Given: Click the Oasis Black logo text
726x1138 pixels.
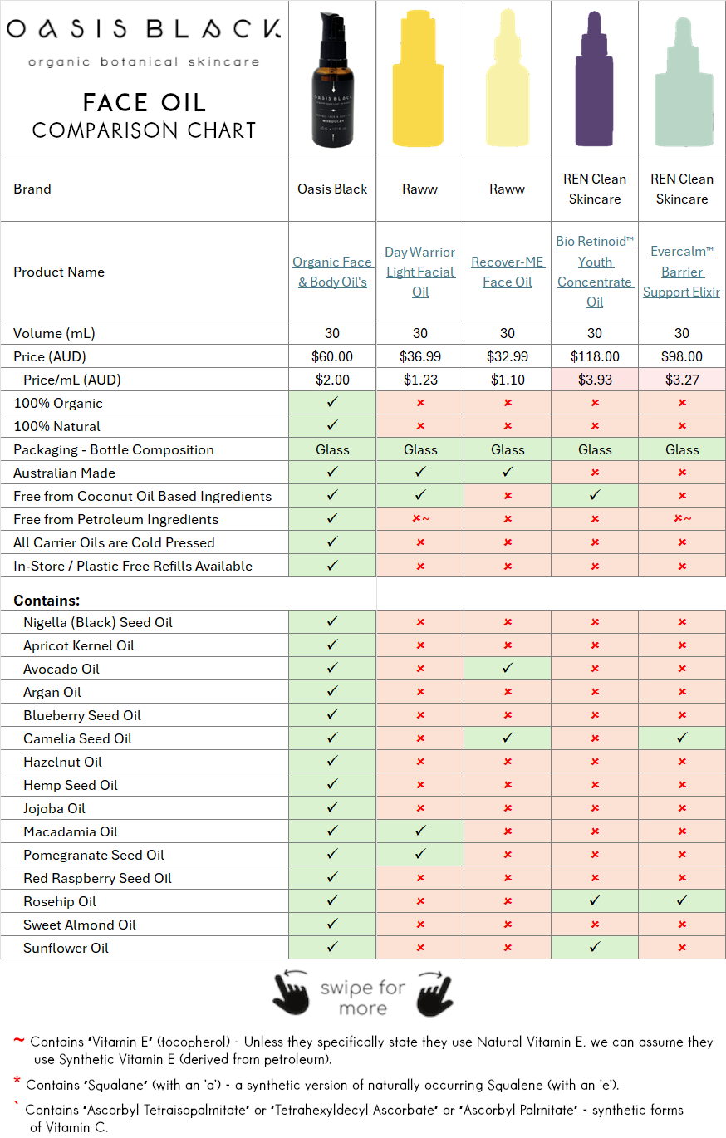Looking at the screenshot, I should pos(144,30).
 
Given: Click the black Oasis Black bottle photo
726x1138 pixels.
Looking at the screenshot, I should pos(332,78).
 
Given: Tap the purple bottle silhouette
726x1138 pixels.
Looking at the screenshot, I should pos(595,79).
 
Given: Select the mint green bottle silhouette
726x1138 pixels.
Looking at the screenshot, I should pos(682,79).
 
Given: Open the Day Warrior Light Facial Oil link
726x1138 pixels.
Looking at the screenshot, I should pos(420,272).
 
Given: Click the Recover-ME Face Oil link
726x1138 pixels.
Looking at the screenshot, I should pos(508,272).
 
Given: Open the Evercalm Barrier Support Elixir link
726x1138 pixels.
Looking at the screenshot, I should pos(682,272).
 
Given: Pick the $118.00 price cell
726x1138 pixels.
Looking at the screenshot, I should pos(595,356).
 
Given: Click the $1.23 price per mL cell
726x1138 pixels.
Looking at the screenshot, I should pos(420,380).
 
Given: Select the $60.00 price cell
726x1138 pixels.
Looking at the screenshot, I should pos(332,356).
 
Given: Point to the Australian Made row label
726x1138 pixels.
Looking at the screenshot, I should pos(65,473).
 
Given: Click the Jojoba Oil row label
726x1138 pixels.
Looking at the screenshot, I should pos(54,808).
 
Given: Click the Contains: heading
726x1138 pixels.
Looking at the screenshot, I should pos(47,601).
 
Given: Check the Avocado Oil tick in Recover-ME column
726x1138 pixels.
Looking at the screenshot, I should pos(508,669).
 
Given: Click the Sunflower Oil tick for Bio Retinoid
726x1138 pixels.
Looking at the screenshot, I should pos(595,948).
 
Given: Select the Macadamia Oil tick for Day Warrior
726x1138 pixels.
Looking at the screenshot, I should pos(420,831).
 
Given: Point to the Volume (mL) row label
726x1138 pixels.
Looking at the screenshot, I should pos(54,333).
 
